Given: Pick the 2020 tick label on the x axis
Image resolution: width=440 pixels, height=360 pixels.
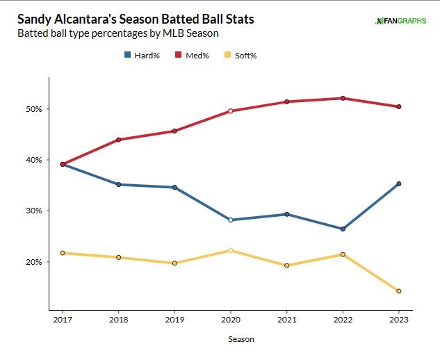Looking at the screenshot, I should tap(231, 320).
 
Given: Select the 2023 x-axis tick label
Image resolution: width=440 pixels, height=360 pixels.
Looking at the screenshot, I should tap(399, 320).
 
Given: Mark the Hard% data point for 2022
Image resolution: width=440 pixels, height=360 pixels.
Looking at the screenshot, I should tap(343, 229).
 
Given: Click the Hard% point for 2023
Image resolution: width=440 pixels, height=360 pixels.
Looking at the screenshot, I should tap(399, 183).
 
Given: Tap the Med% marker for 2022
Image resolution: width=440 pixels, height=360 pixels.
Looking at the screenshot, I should tap(343, 98).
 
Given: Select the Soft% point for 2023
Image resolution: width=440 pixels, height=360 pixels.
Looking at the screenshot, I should tap(399, 291).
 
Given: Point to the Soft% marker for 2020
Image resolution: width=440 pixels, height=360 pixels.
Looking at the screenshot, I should tap(231, 250).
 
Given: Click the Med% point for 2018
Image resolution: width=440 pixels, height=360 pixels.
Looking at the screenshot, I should tap(119, 140).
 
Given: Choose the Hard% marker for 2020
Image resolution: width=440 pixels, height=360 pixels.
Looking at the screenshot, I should tap(231, 220).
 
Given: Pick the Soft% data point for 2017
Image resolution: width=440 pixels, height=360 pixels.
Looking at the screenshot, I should tap(63, 253).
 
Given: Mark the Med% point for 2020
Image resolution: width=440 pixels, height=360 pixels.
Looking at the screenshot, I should tap(231, 111).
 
